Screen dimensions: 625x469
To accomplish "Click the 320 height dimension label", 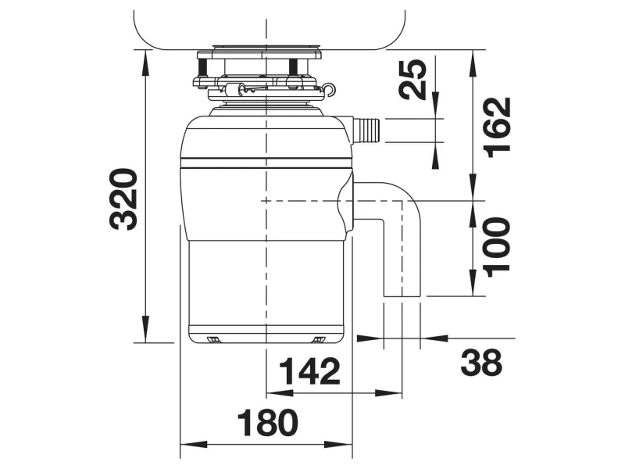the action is point(123,199).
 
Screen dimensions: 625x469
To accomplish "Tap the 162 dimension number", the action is point(497,127).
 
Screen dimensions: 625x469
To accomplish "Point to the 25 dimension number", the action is point(413,79).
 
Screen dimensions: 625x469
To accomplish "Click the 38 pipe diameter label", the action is point(481,363).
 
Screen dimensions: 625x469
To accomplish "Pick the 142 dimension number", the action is point(309,371).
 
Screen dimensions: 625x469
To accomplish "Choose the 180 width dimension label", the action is point(267,423).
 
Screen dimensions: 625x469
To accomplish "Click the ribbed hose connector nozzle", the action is point(366,130).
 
